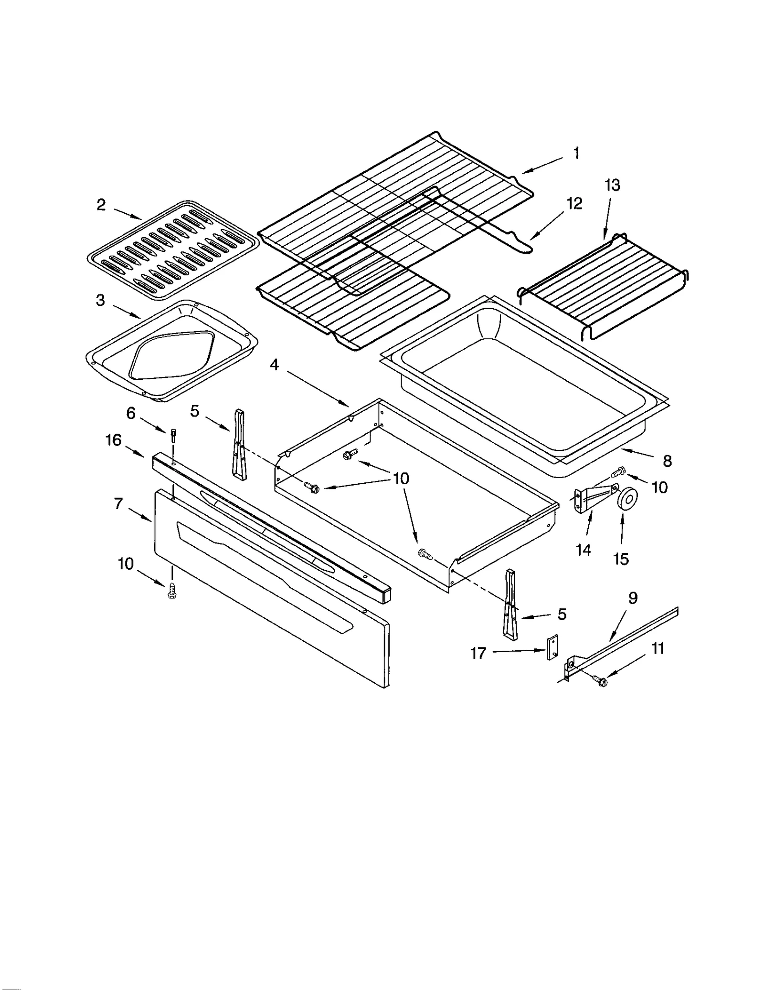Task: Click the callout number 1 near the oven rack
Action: (x=576, y=153)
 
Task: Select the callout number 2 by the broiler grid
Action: (x=101, y=205)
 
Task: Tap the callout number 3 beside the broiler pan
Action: (x=100, y=301)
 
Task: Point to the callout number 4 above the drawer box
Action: (x=274, y=365)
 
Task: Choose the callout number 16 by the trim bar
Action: (x=113, y=440)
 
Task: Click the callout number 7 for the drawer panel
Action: (x=118, y=503)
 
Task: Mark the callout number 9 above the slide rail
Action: (x=633, y=598)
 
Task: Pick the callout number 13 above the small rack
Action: (x=612, y=185)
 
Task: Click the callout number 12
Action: (x=574, y=204)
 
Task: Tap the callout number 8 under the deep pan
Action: (x=667, y=461)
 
